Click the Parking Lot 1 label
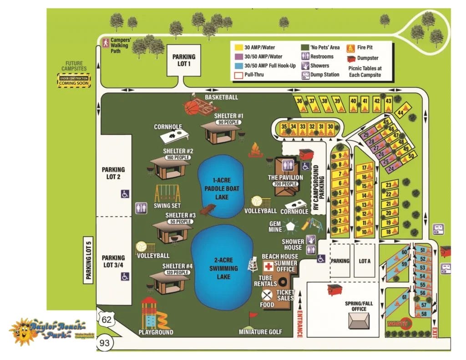click(183, 60)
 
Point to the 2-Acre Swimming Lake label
click(222, 264)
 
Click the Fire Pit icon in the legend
click(350, 47)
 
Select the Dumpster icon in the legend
click(350, 58)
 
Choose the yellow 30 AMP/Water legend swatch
click(238, 47)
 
